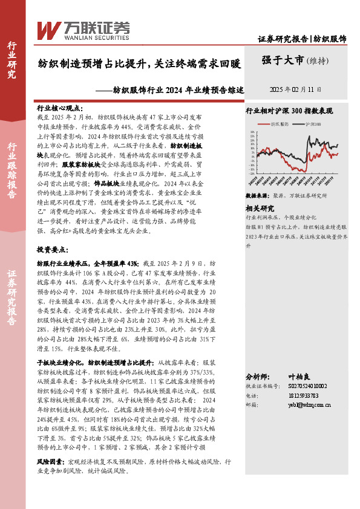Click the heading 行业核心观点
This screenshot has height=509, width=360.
[x=60, y=106]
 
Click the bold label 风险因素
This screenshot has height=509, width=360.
[x=50, y=461]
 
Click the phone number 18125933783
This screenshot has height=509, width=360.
[x=303, y=395]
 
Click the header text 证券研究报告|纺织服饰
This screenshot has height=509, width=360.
[x=302, y=39]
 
